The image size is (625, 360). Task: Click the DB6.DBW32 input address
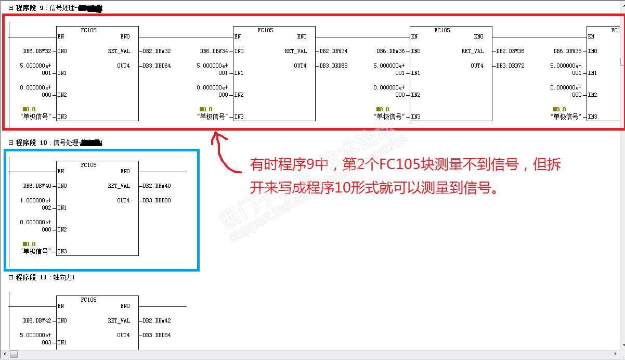(x=37, y=52)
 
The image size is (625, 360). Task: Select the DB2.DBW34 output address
(x=333, y=52)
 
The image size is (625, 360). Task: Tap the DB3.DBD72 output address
(x=510, y=66)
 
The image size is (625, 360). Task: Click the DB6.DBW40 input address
(x=37, y=186)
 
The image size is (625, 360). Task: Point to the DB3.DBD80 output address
(x=157, y=201)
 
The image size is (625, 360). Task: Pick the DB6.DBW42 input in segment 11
(x=37, y=321)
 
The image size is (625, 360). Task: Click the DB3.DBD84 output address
(x=157, y=336)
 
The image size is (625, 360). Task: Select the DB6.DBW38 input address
(x=567, y=52)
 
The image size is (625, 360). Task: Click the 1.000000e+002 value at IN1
(x=36, y=204)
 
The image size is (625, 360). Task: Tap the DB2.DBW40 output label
(x=157, y=186)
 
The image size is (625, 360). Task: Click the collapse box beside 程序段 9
(x=11, y=8)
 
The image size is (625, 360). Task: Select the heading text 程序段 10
(x=31, y=143)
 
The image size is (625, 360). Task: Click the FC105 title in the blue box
(x=88, y=165)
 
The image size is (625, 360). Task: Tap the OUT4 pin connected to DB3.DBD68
(x=300, y=66)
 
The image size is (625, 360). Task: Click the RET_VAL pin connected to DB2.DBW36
(x=472, y=52)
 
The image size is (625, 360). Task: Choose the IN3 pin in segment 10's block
(x=62, y=252)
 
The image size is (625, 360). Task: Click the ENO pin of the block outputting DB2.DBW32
(x=125, y=37)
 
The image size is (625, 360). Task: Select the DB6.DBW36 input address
(x=390, y=52)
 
